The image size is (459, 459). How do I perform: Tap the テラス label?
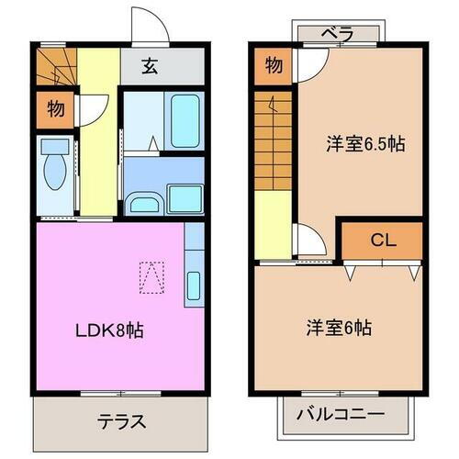122,422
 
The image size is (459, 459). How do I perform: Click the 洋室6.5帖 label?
367,143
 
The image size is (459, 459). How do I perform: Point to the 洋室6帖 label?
340,326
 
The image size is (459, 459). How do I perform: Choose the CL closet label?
382,241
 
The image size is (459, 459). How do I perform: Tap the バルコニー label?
340,415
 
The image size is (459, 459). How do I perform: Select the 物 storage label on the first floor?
55,109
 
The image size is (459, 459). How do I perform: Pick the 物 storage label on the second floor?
273,65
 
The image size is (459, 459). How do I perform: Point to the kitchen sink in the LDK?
193,286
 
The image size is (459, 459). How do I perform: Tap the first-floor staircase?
58,68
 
